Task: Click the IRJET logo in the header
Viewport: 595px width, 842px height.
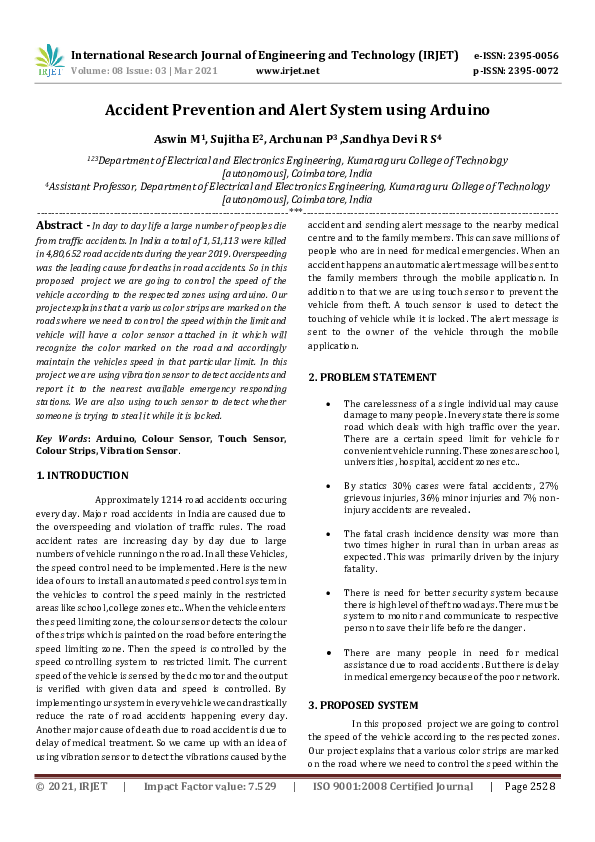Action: pos(49,61)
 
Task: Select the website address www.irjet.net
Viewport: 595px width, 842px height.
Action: pos(288,71)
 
